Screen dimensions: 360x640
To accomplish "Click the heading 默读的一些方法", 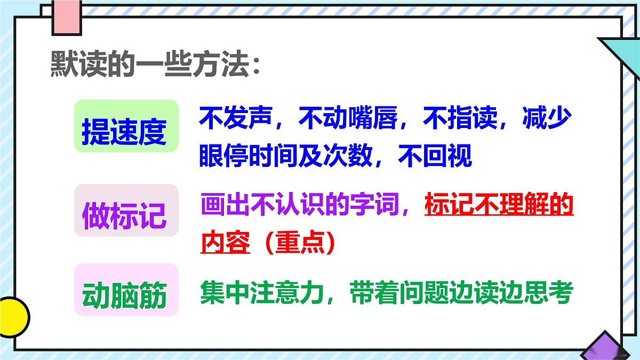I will [x=155, y=66].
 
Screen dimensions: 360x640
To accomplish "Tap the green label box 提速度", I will [x=126, y=127].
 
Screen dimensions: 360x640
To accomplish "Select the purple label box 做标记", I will [x=126, y=211].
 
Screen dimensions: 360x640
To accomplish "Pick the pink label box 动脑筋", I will [x=126, y=290].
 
